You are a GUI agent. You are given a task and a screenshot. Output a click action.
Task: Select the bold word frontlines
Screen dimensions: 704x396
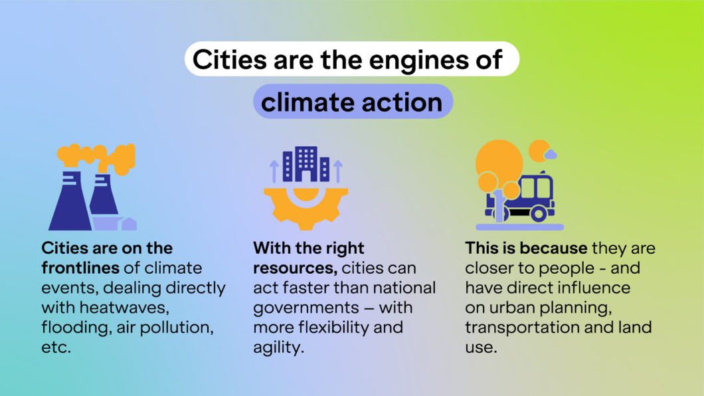80,268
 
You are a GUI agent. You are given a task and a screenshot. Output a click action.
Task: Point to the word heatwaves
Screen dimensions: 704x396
124,308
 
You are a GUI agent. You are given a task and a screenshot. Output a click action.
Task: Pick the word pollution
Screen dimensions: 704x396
177,328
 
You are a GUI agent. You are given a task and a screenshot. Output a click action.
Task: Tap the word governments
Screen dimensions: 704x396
306,308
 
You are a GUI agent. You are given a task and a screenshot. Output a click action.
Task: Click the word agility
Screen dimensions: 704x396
278,347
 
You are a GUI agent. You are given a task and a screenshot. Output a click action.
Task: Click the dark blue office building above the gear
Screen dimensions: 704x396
306,164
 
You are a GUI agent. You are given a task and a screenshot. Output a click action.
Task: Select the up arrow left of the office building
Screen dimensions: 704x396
274,171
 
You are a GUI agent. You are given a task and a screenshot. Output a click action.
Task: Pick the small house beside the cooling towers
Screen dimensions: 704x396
130,224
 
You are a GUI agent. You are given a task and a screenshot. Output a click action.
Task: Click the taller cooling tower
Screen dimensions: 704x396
70,200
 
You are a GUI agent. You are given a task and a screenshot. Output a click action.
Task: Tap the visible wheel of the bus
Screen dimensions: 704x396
539,214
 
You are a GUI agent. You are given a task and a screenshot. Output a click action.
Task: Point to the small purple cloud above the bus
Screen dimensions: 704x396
551,154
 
